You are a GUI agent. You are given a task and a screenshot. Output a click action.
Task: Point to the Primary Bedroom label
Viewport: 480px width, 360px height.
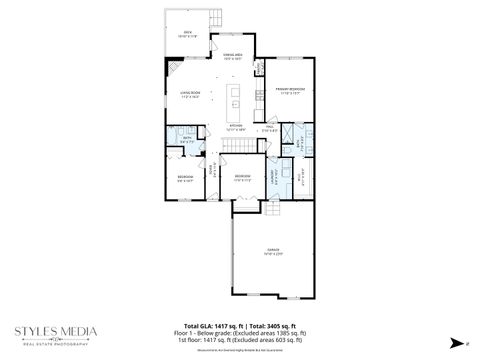[290, 91]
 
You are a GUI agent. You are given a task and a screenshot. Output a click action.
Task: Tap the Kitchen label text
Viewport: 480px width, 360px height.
[237, 128]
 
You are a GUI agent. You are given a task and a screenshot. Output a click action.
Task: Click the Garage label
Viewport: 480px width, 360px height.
[273, 250]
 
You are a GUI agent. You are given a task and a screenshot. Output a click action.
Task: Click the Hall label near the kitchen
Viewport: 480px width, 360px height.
[267, 128]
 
